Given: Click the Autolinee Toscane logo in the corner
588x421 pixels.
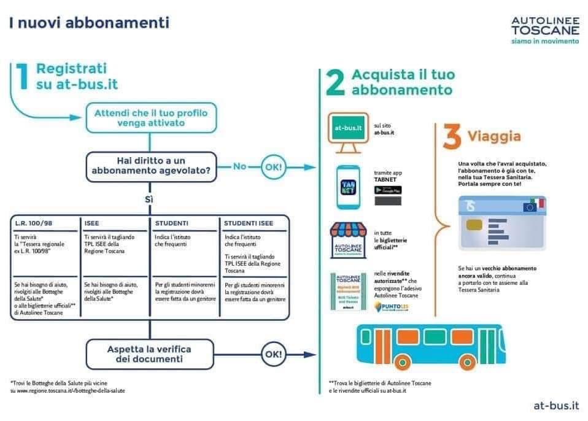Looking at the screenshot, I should point(545,29).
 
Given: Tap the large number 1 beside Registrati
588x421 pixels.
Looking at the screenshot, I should point(21,76).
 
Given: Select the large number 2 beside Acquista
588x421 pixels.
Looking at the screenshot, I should point(335,82).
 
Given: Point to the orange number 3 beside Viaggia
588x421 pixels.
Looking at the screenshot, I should point(452,139).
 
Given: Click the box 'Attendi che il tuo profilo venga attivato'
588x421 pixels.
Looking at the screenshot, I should point(150,118).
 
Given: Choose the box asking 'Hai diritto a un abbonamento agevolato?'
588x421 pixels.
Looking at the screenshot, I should point(150,167).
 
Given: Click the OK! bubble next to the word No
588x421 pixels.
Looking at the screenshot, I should point(274,166).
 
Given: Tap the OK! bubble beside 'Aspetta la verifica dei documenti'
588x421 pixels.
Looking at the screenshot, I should point(273,354).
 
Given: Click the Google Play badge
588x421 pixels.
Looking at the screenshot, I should point(388,190).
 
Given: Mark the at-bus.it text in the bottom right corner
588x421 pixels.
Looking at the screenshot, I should point(556,405).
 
